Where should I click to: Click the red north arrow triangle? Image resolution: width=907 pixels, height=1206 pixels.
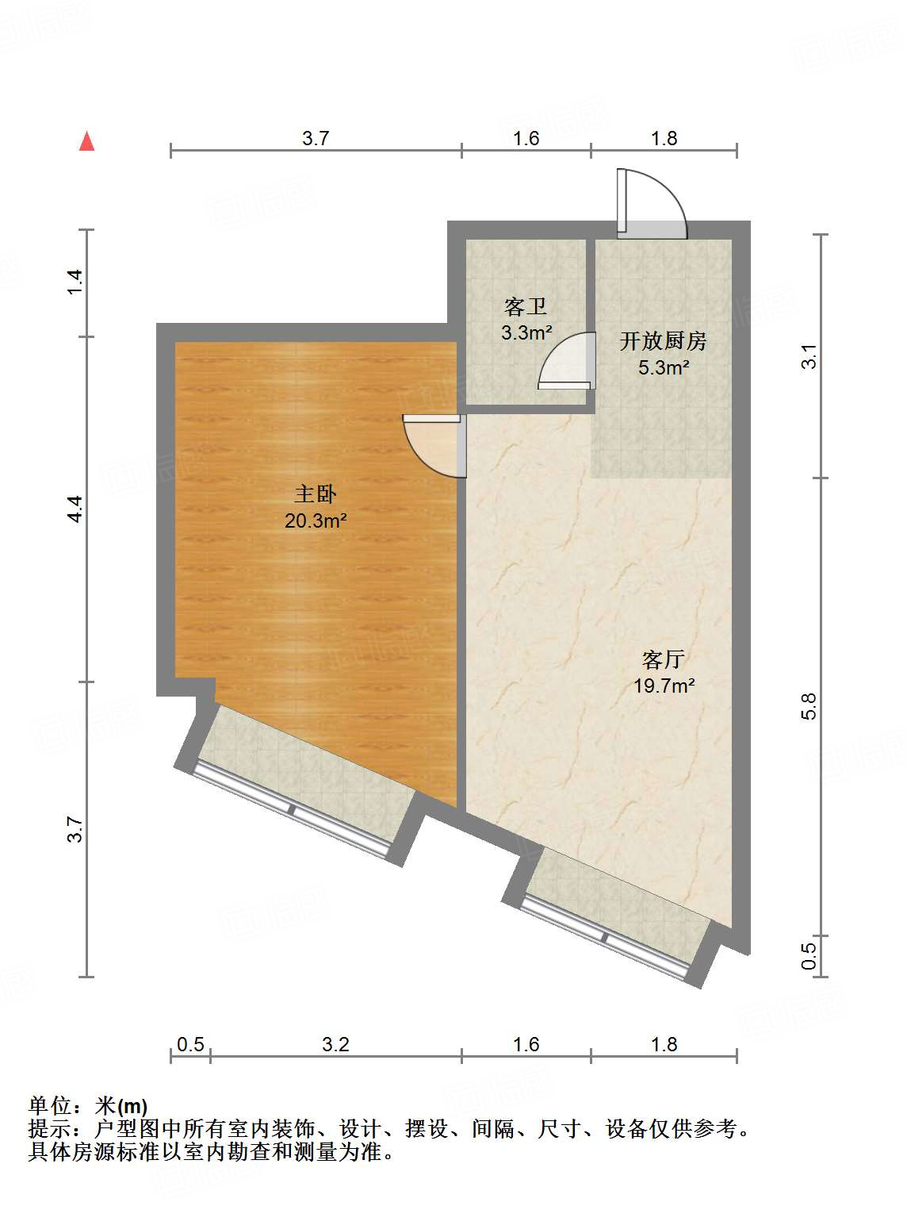(x=86, y=142)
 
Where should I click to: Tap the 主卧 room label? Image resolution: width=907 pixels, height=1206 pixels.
(x=316, y=494)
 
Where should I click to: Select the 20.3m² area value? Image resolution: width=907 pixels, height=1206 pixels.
(x=316, y=521)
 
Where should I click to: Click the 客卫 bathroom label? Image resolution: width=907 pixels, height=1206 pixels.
(x=526, y=306)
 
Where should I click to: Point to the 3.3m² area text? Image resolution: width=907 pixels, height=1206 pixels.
(x=526, y=332)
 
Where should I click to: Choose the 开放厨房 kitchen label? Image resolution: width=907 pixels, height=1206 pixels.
(x=663, y=341)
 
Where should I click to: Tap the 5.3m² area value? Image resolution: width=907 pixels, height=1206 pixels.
(x=663, y=367)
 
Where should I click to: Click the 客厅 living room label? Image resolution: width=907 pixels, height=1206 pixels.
(x=664, y=659)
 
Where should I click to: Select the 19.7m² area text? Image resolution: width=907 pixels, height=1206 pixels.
(x=664, y=686)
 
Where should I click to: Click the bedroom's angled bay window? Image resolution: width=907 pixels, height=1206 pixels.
(x=292, y=808)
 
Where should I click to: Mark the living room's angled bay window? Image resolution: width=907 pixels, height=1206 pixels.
(x=607, y=936)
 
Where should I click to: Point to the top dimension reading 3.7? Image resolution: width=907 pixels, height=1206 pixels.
(x=316, y=138)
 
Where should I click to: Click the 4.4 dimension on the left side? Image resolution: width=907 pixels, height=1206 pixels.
(x=74, y=509)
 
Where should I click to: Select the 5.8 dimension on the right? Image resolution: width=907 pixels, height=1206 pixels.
(x=808, y=706)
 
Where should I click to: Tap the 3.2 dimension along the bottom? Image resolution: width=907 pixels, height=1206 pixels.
(x=335, y=1044)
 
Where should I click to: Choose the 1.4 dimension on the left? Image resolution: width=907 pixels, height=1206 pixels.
(x=74, y=282)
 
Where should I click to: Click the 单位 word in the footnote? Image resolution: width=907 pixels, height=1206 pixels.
(x=49, y=1105)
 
